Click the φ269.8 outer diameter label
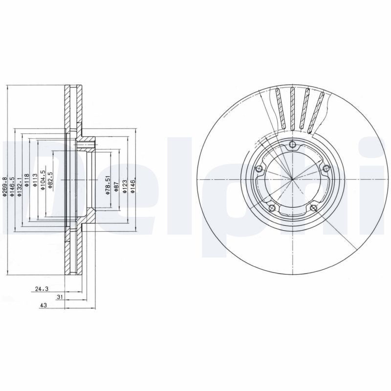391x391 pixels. [5, 187]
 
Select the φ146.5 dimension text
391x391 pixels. [12, 187]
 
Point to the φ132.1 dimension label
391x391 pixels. [20, 187]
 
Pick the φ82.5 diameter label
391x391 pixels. [50, 181]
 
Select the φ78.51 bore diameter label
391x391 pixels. [107, 186]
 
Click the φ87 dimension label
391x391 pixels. [116, 186]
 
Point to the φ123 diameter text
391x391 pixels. [124, 186]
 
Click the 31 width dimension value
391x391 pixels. [60, 297]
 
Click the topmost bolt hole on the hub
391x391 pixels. [292, 144]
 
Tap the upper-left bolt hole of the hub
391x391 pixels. [260, 169]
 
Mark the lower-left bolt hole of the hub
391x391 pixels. [272, 208]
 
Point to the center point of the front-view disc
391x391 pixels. [292, 179]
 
